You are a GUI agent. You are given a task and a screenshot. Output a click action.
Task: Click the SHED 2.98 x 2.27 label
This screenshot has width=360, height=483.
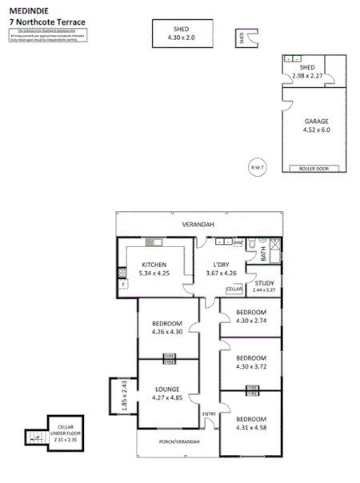click(x=306, y=71)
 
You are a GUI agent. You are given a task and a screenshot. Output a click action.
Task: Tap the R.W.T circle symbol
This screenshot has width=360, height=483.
click(x=258, y=166)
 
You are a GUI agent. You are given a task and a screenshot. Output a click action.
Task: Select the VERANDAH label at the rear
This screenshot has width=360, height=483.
click(x=198, y=225)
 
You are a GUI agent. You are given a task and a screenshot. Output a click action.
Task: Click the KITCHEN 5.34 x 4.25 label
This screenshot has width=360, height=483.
click(x=154, y=269)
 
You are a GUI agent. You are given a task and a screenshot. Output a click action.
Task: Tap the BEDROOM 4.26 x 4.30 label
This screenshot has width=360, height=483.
click(x=167, y=327)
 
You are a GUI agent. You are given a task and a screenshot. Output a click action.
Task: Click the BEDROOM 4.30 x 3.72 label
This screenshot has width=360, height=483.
click(x=251, y=361)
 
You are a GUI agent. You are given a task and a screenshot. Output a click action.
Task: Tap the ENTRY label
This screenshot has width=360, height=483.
click(x=209, y=413)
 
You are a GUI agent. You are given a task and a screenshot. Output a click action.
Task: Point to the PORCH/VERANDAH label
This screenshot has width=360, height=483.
click(x=178, y=442)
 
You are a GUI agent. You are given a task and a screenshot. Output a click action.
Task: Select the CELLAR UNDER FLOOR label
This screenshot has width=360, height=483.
click(x=59, y=433)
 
